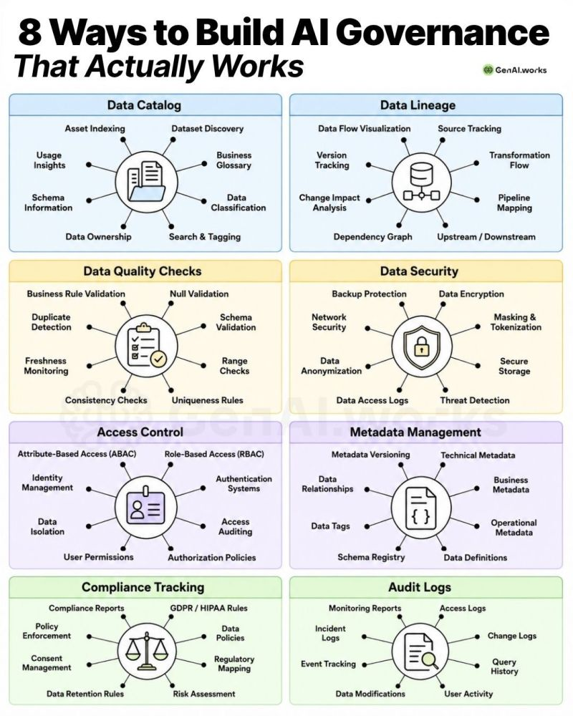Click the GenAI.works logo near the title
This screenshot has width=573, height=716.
[x=515, y=70]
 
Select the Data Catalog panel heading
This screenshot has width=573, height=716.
[x=145, y=105]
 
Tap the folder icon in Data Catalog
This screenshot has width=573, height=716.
[x=146, y=181]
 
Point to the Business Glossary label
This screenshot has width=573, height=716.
[x=233, y=160]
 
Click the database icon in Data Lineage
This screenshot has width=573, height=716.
[x=421, y=182]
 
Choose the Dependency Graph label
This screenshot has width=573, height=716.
[x=373, y=236]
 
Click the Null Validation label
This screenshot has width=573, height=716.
[x=199, y=294]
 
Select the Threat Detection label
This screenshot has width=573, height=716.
[x=475, y=400]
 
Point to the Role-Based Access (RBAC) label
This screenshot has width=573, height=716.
[x=214, y=454]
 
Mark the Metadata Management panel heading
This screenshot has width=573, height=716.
[x=415, y=432]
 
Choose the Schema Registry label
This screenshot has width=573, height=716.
[x=371, y=557]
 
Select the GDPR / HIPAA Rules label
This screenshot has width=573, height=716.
[x=209, y=608]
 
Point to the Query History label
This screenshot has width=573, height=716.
[x=504, y=666]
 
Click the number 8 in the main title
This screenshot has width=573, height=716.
[x=30, y=33]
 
